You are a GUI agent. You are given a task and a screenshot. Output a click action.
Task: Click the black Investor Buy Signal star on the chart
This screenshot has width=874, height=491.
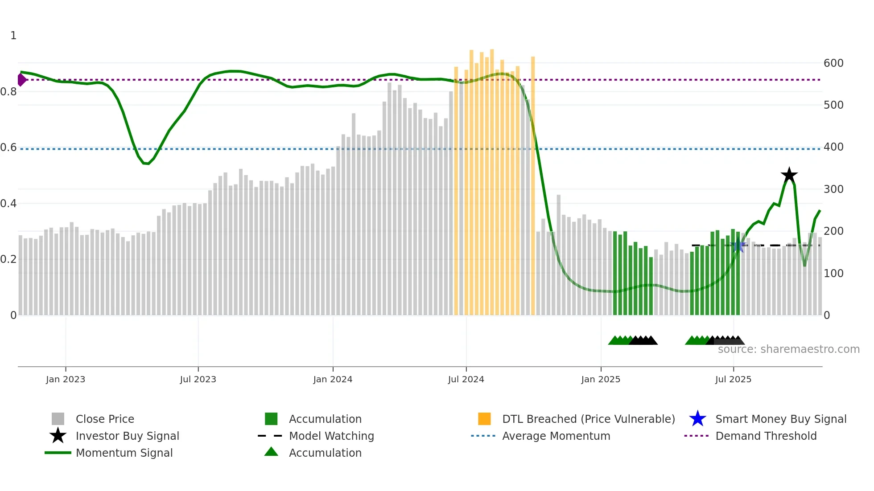[789, 175]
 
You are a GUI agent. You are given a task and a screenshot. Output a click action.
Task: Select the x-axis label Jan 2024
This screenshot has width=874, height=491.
[333, 379]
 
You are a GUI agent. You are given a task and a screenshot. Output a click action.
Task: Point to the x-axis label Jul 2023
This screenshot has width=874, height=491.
[198, 379]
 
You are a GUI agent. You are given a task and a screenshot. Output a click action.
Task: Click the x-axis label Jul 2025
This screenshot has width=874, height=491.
[733, 379]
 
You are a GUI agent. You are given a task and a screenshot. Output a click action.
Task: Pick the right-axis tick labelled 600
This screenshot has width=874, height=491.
[833, 63]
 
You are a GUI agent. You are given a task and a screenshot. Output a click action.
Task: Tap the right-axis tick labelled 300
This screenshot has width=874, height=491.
[833, 189]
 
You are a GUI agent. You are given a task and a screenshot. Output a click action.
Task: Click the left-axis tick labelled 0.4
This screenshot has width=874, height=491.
[9, 204]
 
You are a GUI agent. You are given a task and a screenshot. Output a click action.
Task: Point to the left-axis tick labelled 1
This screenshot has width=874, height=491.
[13, 36]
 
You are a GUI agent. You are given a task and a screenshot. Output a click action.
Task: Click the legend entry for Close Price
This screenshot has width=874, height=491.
[104, 419]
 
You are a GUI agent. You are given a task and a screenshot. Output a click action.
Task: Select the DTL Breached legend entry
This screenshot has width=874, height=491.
[588, 419]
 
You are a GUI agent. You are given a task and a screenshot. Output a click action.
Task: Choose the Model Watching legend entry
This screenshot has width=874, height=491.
[331, 436]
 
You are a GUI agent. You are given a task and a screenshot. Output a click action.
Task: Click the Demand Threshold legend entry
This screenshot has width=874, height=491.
[766, 436]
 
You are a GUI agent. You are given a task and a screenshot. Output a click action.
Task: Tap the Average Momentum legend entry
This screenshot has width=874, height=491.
[556, 436]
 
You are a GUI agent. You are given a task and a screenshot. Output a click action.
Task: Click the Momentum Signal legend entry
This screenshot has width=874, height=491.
[124, 453]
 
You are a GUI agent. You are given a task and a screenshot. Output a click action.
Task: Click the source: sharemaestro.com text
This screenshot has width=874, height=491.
[788, 349]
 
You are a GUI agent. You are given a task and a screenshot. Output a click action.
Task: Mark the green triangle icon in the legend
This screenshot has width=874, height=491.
[271, 452]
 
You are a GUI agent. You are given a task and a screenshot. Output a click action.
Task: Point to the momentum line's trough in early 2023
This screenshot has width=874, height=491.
[146, 164]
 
